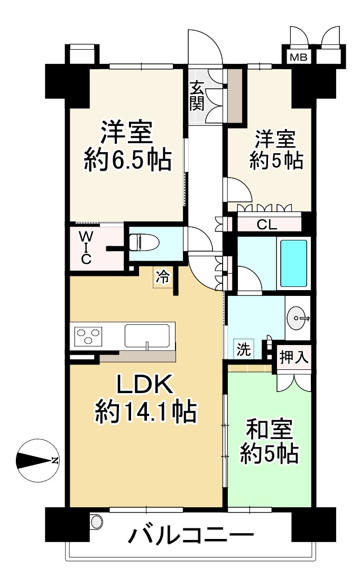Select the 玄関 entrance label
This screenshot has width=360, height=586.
197,96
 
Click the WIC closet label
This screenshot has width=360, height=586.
86,247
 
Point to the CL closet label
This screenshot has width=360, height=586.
267,225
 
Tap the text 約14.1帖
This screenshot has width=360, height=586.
145,411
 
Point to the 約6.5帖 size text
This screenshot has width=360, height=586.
128,159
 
